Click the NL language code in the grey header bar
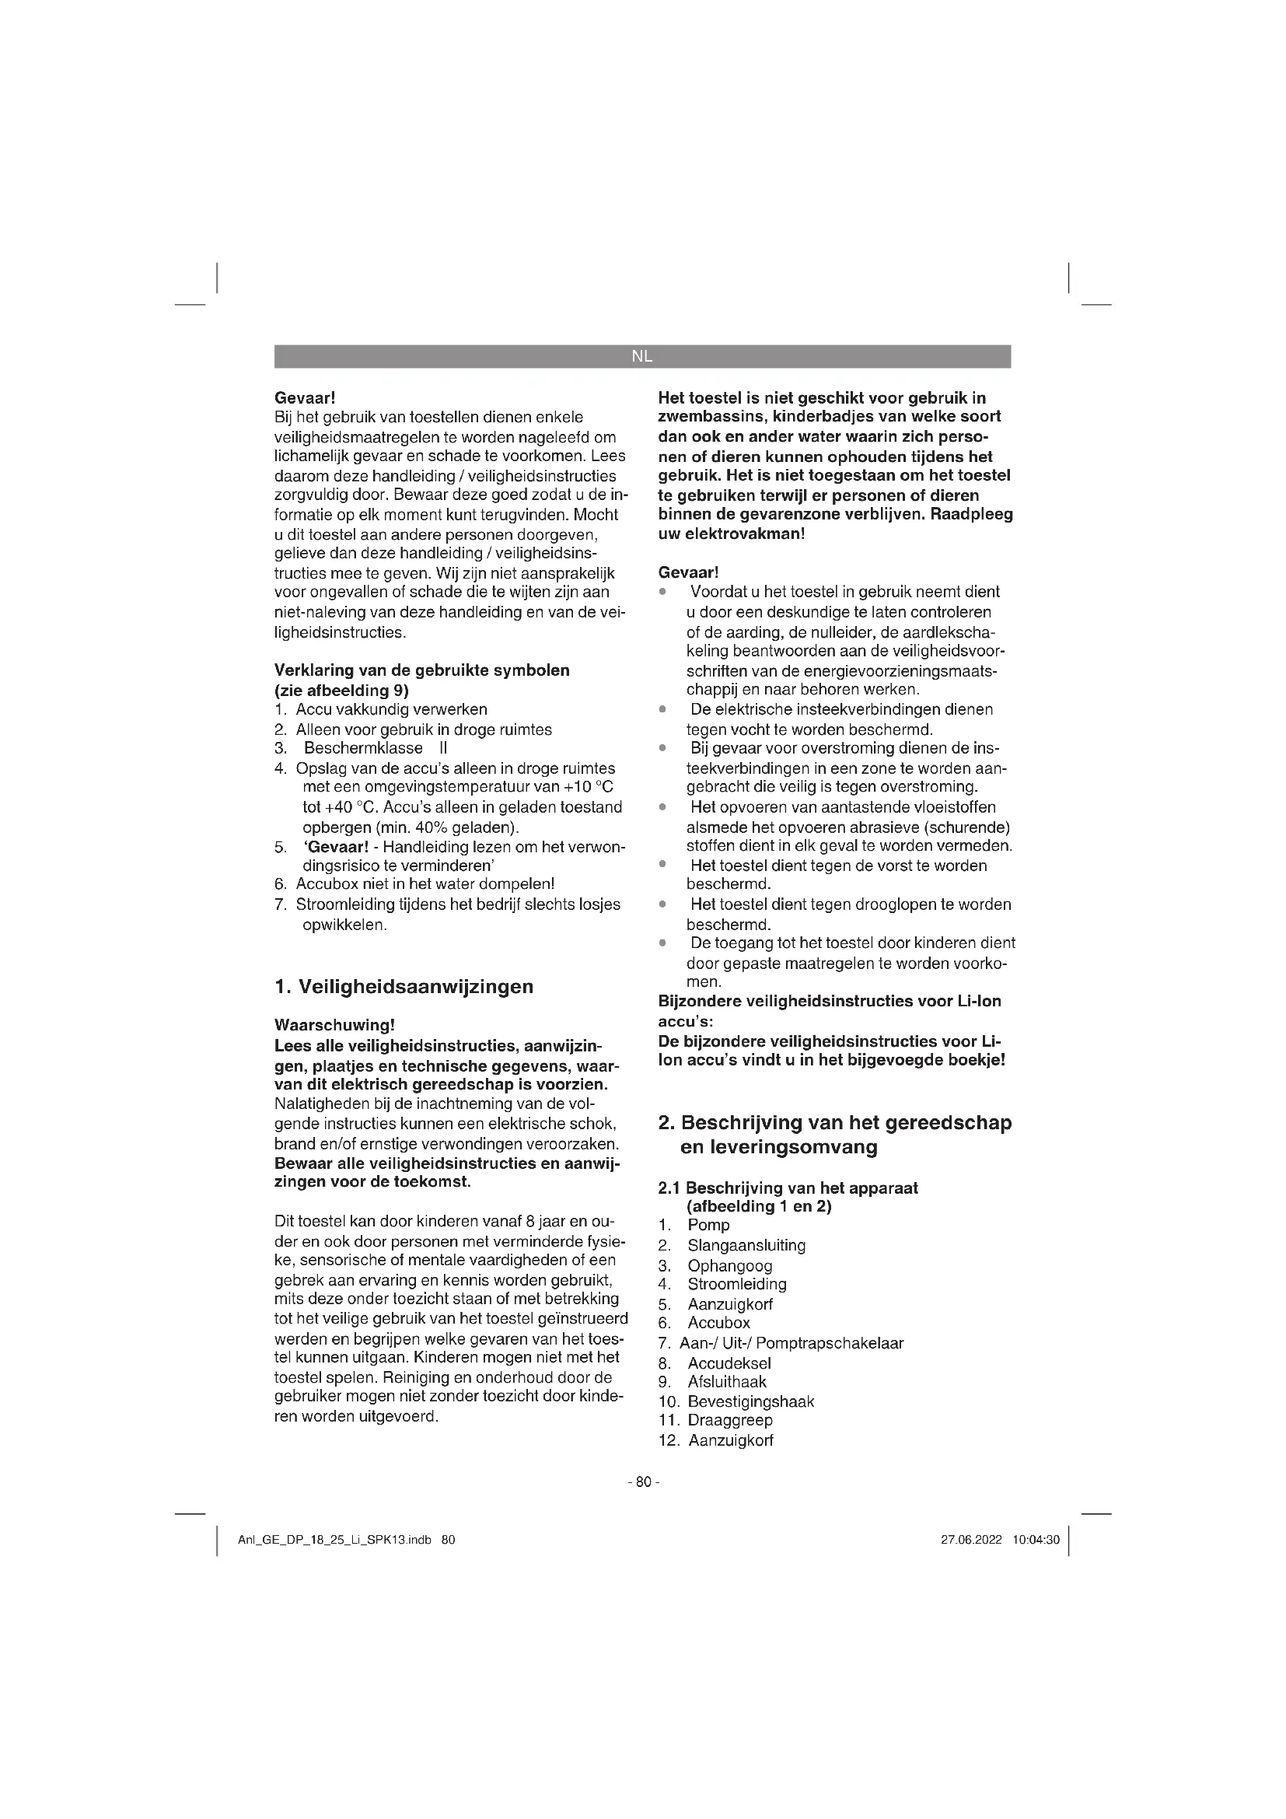642,356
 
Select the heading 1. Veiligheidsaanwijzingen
404,986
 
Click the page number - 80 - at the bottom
643,1481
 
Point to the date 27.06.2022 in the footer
971,1540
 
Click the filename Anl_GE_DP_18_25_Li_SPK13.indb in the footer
334,1540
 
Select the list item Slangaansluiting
746,1245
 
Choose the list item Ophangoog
729,1266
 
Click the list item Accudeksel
729,1363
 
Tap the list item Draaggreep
729,1421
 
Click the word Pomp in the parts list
708,1226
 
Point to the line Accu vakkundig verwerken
391,709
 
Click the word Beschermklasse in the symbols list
362,748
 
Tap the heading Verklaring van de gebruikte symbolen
421,670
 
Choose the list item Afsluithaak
727,1383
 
